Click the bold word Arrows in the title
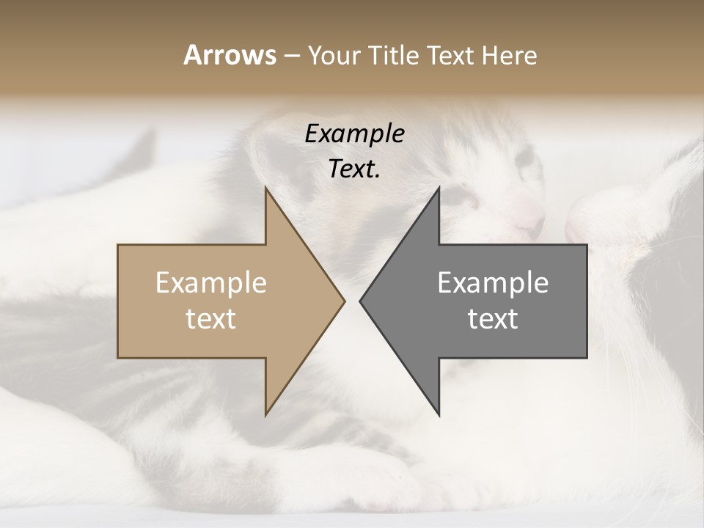[x=230, y=55]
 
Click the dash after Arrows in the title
[x=292, y=56]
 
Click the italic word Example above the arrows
[x=354, y=133]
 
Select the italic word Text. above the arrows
[x=354, y=169]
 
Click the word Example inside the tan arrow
[x=211, y=283]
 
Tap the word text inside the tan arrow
[x=211, y=319]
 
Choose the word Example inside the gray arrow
[x=493, y=283]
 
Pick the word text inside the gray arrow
[x=493, y=319]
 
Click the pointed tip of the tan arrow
[x=344, y=301]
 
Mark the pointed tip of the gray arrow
[x=360, y=301]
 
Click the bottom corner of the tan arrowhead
[x=266, y=415]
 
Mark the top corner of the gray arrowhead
[x=439, y=188]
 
